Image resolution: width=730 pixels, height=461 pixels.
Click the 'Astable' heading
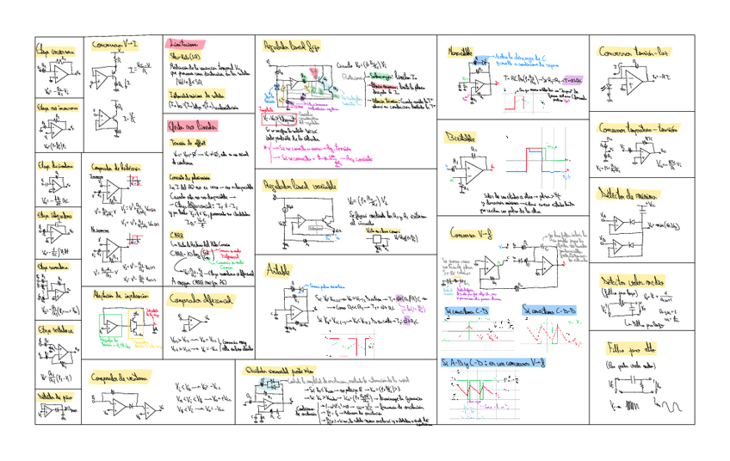point(279,269)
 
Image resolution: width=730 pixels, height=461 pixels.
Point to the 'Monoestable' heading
point(460,53)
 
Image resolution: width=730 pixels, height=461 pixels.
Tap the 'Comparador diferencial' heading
point(201,301)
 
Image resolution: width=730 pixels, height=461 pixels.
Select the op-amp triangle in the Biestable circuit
point(473,171)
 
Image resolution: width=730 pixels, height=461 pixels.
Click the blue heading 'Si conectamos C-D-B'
point(548,309)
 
